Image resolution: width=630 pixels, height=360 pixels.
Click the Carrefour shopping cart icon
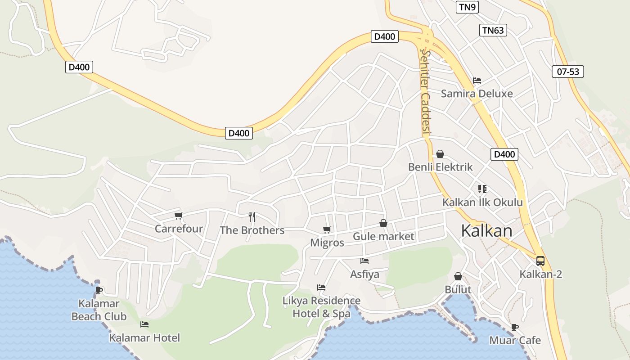(179, 216)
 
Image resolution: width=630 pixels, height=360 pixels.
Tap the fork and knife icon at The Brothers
(252, 217)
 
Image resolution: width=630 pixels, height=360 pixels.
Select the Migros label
(327, 243)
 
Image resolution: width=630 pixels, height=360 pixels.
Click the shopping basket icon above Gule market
(383, 223)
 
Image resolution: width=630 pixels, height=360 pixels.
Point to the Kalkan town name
(486, 231)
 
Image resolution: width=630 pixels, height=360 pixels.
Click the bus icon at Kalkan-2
(540, 261)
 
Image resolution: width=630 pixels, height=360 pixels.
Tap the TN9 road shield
(467, 7)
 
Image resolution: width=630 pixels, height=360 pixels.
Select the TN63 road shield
(493, 30)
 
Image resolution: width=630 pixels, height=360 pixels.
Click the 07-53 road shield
(567, 71)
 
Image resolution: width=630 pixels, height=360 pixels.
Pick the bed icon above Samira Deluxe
(477, 81)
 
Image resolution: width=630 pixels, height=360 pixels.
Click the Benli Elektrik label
(440, 167)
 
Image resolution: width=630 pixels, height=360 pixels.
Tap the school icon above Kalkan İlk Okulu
(482, 189)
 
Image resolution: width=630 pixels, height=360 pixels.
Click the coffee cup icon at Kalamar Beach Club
(99, 290)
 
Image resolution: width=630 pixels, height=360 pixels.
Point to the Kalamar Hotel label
(144, 337)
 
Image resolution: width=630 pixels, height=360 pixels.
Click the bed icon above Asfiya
(364, 261)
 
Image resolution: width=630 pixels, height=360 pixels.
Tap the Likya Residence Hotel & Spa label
(321, 307)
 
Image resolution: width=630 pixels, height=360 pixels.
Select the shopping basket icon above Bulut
(458, 276)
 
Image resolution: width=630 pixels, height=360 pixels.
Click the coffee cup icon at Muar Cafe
(515, 327)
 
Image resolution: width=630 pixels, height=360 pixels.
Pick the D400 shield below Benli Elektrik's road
(504, 154)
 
